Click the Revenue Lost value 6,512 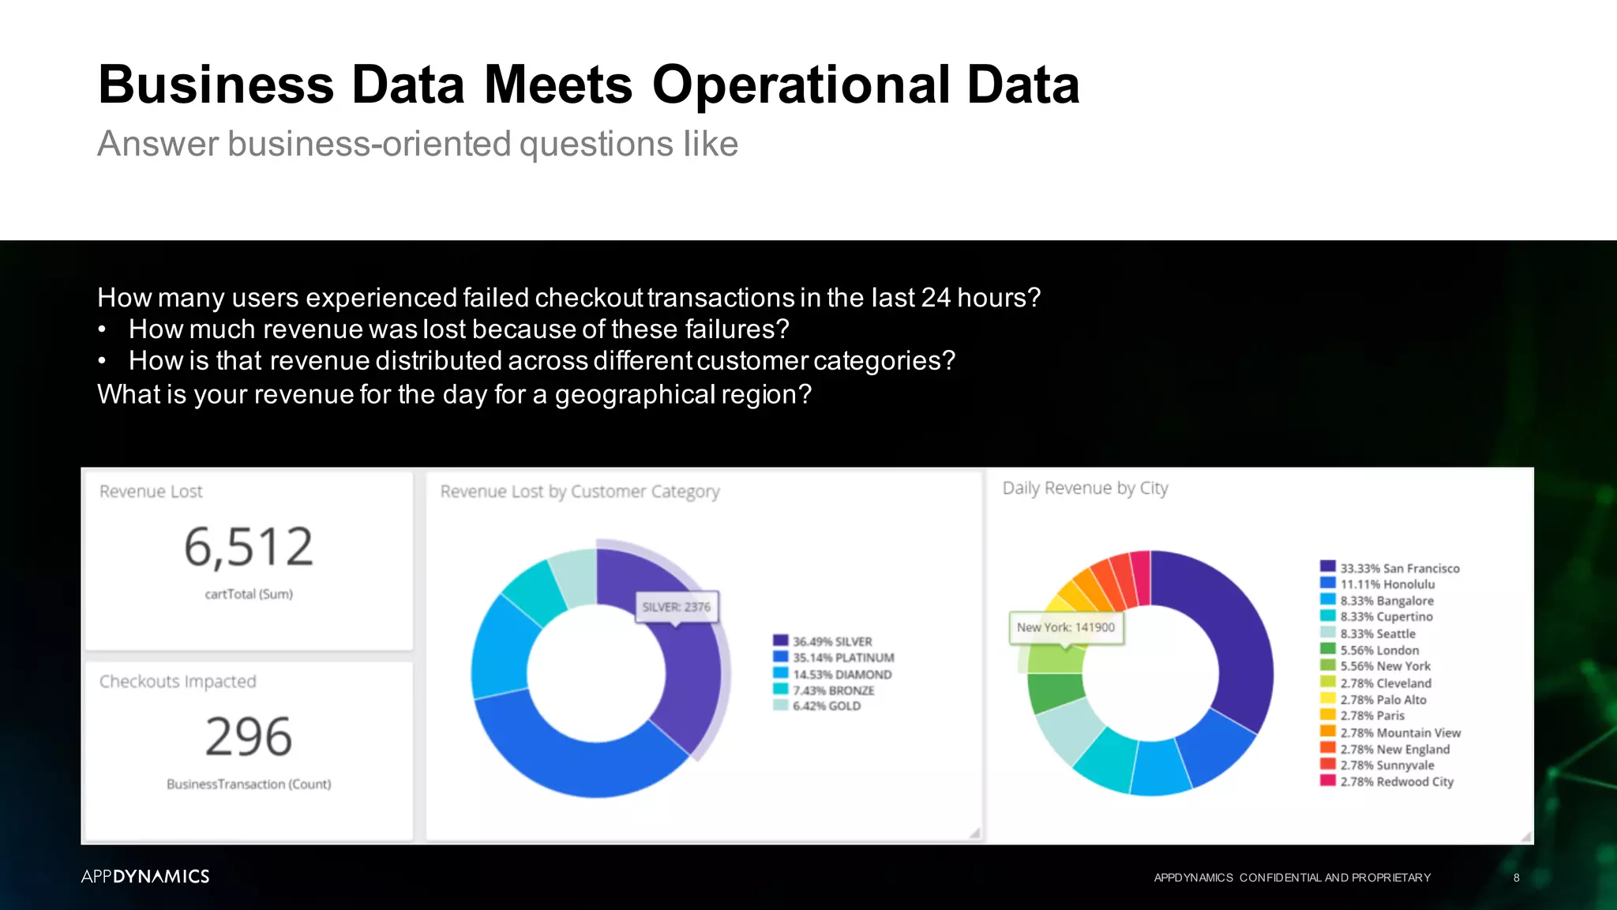tap(249, 547)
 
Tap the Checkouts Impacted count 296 tap(249, 736)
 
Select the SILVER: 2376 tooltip tap(676, 607)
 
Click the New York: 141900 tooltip tap(1065, 627)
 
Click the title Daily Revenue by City tap(1085, 488)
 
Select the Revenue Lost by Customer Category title tap(580, 491)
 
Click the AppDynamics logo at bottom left tap(145, 876)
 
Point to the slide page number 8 tap(1516, 878)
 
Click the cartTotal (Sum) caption tap(249, 594)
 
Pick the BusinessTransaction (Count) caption tap(249, 784)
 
